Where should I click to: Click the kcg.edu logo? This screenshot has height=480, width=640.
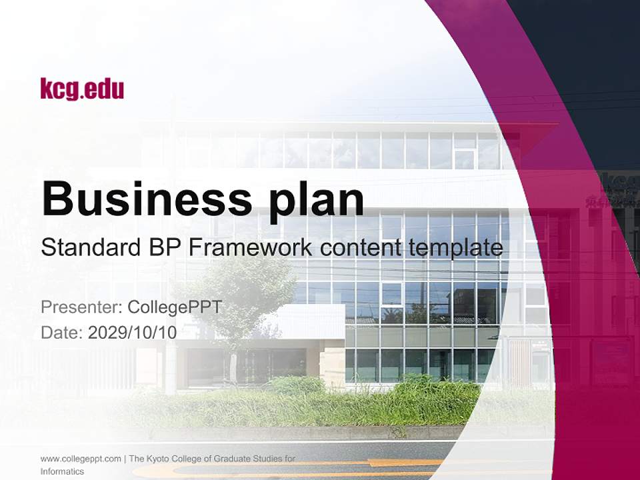pyautogui.click(x=82, y=89)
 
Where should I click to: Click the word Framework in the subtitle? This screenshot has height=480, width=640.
pyautogui.click(x=252, y=248)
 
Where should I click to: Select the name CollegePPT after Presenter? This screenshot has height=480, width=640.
pyautogui.click(x=174, y=307)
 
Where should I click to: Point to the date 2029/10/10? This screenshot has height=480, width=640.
pyautogui.click(x=133, y=333)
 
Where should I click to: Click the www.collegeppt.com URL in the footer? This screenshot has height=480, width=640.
pyautogui.click(x=81, y=459)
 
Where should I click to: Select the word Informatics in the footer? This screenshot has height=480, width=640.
pyautogui.click(x=62, y=471)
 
